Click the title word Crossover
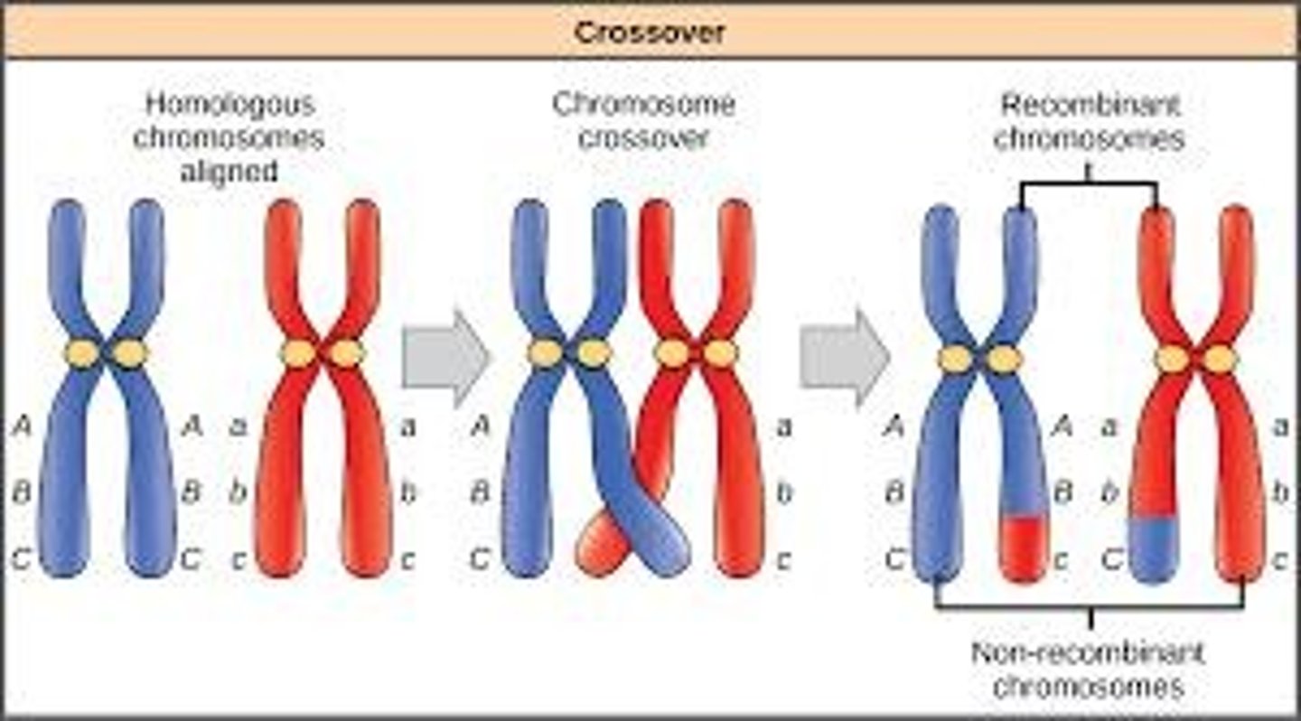click(650, 33)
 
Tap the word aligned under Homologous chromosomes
click(229, 171)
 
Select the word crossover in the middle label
click(643, 138)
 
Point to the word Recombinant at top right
click(1090, 104)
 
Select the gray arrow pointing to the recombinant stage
click(844, 358)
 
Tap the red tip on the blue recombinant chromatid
click(1024, 546)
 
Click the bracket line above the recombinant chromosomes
click(1089, 183)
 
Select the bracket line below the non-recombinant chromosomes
click(1090, 607)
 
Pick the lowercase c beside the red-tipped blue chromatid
click(1062, 561)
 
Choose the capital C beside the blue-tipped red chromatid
click(1112, 561)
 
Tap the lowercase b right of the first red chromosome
click(407, 493)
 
